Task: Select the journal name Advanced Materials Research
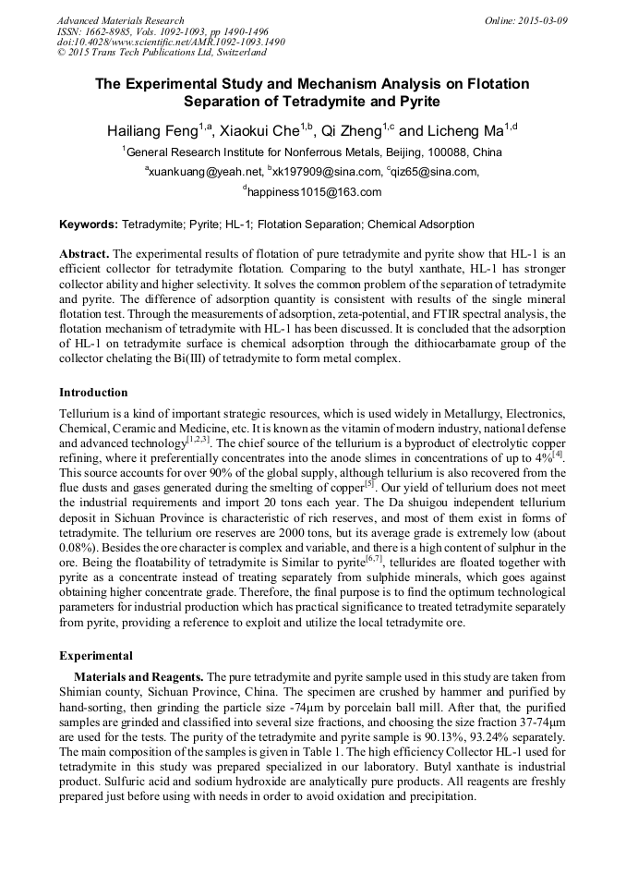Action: click(x=121, y=20)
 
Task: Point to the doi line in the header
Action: click(x=171, y=42)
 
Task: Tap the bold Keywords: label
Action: click(x=89, y=225)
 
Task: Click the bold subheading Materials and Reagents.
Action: click(x=138, y=676)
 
